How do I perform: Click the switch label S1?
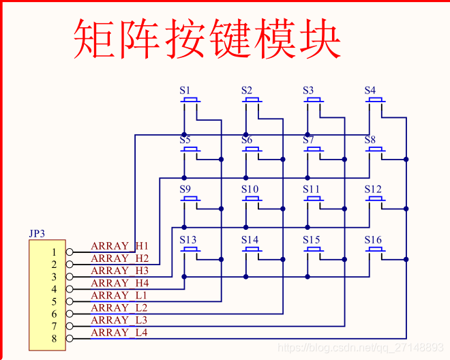coord(185,90)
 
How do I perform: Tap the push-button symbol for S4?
coord(375,102)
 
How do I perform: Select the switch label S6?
coord(247,140)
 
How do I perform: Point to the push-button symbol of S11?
coord(314,200)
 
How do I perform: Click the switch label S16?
coord(373,239)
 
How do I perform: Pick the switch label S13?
coord(188,239)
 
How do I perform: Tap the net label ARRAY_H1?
coord(119,246)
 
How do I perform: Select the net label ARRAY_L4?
coord(119,332)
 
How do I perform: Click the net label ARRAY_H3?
coord(119,271)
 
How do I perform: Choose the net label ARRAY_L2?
coord(119,307)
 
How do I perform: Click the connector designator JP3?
coord(37,233)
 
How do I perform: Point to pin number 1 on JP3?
coord(54,252)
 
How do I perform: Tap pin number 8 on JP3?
coord(54,338)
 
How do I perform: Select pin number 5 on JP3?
coord(54,301)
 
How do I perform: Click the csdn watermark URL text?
coord(361,348)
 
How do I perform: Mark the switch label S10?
coord(250,189)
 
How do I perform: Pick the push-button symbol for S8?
coord(375,151)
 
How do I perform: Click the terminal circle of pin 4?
coord(69,289)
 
